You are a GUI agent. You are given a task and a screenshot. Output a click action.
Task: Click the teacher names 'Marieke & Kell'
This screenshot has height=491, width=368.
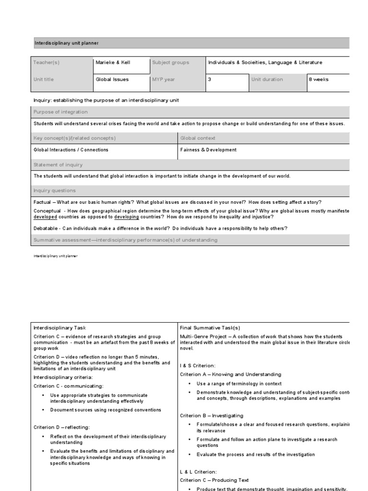[113, 62]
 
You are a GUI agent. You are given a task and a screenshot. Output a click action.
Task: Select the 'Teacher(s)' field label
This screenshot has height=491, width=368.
[46, 62]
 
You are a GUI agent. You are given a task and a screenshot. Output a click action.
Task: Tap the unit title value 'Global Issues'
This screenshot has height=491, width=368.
[112, 80]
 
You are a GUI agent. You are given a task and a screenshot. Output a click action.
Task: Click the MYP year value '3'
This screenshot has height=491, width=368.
[209, 80]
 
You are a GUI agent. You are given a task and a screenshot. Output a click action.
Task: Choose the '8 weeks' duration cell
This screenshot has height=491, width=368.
[319, 80]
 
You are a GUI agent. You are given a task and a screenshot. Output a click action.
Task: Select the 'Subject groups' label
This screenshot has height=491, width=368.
[171, 62]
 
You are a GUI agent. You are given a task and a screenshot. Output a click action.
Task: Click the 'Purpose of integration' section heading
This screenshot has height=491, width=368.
[60, 112]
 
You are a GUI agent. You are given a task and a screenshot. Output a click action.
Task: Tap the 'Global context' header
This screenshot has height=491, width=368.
[198, 138]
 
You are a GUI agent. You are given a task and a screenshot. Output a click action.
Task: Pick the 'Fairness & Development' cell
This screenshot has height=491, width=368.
[208, 150]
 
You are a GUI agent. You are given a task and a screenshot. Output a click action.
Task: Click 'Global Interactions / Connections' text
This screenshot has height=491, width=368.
[71, 150]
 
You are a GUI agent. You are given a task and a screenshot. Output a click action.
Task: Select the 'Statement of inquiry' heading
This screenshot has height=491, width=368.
[57, 164]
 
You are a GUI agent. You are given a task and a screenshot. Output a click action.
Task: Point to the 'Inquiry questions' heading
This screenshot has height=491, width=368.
[55, 190]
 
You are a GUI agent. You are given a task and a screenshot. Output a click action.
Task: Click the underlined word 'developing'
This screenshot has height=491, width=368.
[126, 217]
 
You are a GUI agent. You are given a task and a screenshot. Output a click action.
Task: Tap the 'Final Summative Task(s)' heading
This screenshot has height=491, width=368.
[210, 327]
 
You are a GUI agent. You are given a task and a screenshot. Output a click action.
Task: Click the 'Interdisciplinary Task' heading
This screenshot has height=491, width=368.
[60, 327]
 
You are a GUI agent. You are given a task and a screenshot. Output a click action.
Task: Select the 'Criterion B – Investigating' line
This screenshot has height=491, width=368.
[212, 415]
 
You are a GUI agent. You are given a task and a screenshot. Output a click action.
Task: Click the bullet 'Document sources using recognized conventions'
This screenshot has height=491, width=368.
[105, 410]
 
